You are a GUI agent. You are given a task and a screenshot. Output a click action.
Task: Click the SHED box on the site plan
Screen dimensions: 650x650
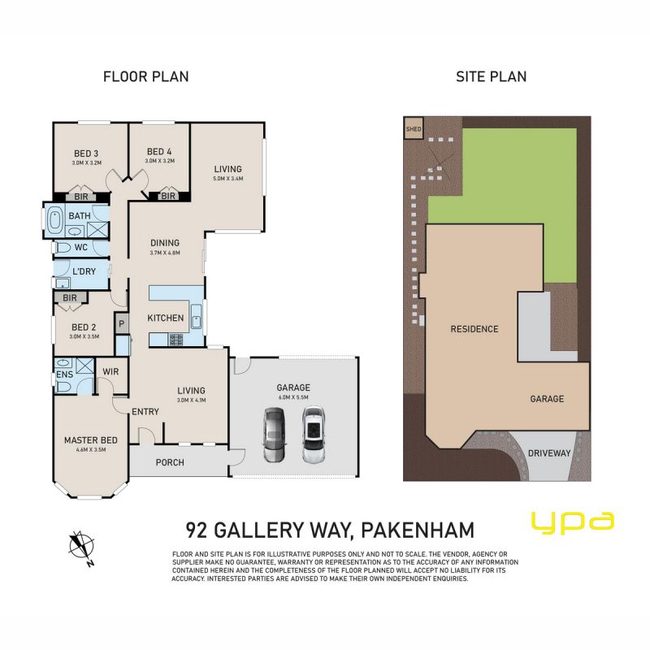(414, 129)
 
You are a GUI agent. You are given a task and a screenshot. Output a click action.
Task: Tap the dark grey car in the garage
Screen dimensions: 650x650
(274, 435)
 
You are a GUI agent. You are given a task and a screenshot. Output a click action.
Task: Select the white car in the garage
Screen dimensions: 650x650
(314, 435)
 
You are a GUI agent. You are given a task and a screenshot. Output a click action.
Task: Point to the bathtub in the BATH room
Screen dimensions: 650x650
(54, 220)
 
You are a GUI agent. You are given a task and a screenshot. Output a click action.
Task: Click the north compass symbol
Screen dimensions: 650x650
(81, 548)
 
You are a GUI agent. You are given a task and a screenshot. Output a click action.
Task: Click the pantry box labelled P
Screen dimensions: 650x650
(121, 323)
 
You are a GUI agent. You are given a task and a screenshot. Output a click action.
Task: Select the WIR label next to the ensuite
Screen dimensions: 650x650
(110, 371)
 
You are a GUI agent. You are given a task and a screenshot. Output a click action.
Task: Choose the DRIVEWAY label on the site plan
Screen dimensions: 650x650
(549, 453)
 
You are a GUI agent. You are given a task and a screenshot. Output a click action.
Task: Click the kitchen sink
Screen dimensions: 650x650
(196, 317)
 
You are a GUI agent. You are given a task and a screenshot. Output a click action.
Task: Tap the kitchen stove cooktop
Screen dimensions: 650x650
(175, 340)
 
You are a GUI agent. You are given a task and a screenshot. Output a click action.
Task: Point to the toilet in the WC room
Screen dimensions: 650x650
(63, 248)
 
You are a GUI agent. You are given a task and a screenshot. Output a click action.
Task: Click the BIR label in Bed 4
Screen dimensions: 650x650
(168, 196)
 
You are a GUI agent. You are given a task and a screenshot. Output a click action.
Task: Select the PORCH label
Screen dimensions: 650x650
(170, 462)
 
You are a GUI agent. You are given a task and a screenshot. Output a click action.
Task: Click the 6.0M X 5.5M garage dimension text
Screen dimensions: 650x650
(293, 397)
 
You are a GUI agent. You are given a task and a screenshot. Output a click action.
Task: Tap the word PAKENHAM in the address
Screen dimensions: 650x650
(418, 531)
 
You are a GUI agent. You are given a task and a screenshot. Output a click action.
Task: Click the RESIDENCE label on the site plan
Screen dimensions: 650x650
(474, 329)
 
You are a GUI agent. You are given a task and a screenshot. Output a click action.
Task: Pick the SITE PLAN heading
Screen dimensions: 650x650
(492, 76)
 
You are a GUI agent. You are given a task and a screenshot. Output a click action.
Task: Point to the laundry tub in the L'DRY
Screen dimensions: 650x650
(63, 283)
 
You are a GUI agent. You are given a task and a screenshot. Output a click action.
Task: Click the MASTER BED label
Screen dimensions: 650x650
(91, 440)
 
